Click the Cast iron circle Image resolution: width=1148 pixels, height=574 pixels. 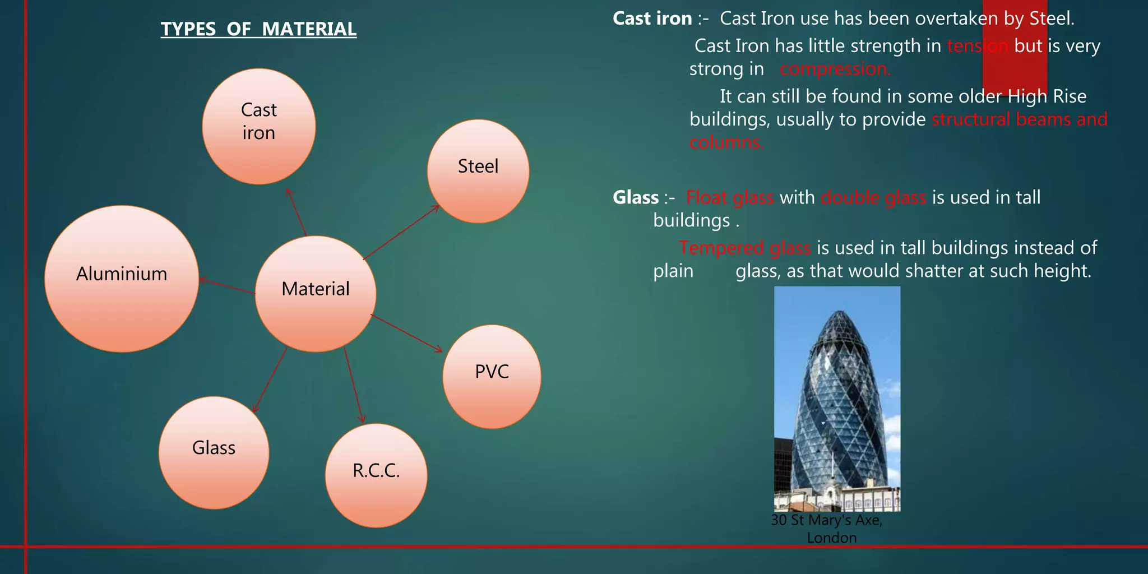258,127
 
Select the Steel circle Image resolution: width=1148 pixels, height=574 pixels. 478,171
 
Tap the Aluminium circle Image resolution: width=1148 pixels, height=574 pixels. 122,279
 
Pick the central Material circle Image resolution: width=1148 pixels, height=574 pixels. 316,294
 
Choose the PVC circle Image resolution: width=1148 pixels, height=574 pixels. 492,377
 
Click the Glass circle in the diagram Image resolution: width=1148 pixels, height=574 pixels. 214,452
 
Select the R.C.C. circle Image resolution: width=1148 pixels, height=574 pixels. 376,475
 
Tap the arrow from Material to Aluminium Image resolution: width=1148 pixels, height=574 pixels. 227,286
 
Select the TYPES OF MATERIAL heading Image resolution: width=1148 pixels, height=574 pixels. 258,29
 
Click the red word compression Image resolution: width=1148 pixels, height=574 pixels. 835,70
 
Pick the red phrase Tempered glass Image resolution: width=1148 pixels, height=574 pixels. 745,248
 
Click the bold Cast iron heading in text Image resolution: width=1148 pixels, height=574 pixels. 652,18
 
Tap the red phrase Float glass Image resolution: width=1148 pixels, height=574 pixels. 730,197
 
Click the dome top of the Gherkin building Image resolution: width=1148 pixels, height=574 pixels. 837,320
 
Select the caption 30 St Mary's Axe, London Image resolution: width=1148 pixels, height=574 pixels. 827,529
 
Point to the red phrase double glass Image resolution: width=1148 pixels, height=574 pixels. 873,197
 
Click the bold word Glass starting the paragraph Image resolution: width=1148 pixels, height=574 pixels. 636,197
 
